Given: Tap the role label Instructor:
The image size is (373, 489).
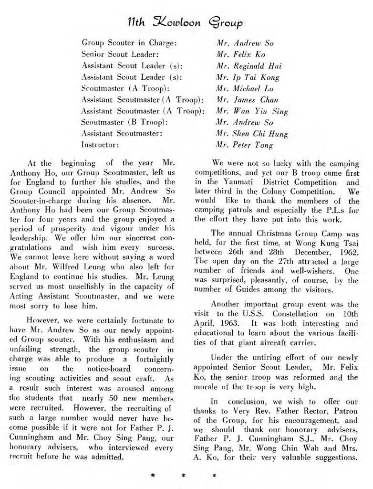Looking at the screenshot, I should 100,143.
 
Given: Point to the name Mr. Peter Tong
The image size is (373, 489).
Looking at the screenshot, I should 245,143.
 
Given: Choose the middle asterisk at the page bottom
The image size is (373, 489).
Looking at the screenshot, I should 184,476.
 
